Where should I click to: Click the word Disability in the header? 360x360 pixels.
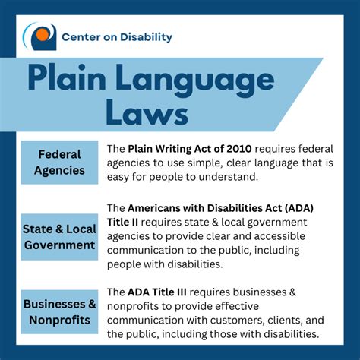[x=145, y=36]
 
